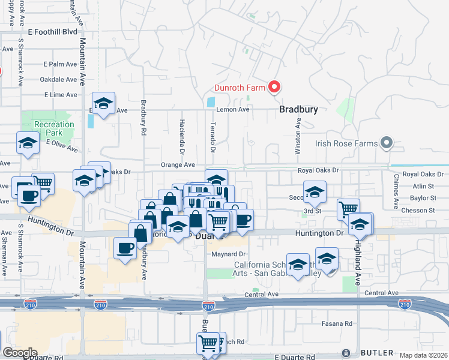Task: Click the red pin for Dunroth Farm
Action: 274,88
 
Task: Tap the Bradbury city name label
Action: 298,110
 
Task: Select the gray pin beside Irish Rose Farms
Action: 387,143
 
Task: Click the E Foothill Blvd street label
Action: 52,31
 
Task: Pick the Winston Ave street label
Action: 298,136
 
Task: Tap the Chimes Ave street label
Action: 396,191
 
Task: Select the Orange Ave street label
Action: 178,165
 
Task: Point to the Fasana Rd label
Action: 340,324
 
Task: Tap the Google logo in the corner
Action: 20,353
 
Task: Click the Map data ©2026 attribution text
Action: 423,355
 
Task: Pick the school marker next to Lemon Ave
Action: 103,104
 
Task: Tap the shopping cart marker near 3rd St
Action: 348,209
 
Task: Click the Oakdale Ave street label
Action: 58,79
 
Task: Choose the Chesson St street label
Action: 419,211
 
